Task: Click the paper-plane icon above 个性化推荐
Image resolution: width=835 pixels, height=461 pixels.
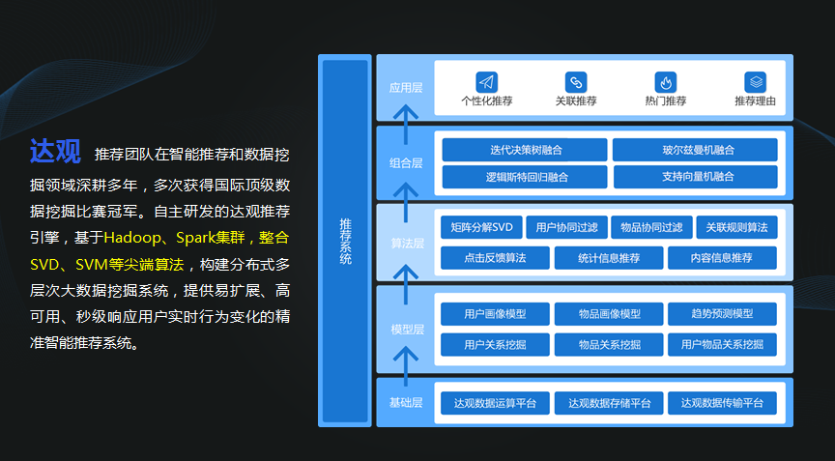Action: pos(487,82)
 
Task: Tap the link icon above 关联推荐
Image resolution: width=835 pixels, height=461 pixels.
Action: pos(576,82)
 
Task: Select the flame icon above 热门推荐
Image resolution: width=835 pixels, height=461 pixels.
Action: pos(665,82)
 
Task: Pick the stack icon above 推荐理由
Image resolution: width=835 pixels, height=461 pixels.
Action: pos(755,82)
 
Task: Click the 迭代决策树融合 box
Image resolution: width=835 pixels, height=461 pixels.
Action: pos(525,150)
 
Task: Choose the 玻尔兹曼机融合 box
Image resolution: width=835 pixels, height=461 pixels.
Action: pos(695,150)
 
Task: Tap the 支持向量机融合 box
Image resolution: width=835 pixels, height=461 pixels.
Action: pos(695,177)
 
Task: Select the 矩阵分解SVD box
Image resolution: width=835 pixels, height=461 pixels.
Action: pos(480,228)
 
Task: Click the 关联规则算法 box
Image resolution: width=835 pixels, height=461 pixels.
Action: pos(736,228)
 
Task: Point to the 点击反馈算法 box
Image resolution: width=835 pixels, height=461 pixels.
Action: pos(495,258)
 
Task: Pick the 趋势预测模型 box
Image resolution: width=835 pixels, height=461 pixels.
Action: pos(722,314)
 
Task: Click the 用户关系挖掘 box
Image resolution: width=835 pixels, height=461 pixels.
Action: pos(495,344)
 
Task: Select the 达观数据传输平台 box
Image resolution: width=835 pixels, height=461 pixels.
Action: pos(722,403)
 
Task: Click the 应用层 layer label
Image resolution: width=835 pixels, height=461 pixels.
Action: pos(406,88)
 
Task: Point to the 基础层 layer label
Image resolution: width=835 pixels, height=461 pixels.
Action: pos(406,403)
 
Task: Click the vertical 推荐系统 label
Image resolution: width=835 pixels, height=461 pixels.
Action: pos(345,242)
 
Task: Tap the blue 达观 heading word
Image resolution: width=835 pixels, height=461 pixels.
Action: pos(55,152)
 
